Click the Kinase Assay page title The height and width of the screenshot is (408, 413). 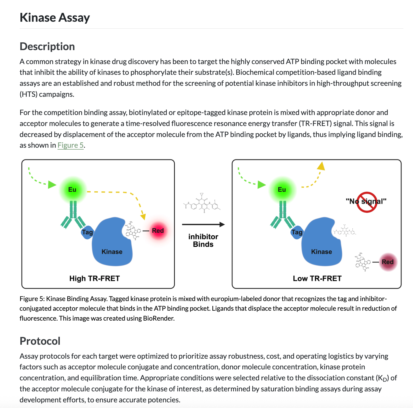coord(55,18)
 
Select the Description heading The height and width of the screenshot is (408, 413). coord(47,46)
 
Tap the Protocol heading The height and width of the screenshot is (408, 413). coord(40,341)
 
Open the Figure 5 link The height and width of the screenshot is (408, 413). coord(71,145)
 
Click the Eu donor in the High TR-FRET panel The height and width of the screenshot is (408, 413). coord(72,190)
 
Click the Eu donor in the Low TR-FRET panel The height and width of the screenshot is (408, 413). coord(282,190)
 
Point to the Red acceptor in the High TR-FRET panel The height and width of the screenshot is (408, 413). coord(158,231)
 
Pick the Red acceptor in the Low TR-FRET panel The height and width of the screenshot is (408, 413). coord(388,262)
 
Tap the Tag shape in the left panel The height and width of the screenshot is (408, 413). coord(87,232)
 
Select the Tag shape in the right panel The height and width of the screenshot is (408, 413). coord(297,232)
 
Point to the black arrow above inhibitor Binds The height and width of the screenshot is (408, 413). coord(203,224)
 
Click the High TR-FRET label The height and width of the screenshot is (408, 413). coord(94,279)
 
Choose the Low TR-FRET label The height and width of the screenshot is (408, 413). coord(317,279)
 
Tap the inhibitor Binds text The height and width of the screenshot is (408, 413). coord(203,240)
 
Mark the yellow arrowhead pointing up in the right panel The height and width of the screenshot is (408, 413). coord(321,166)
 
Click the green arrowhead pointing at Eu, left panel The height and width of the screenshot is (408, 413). coord(52,184)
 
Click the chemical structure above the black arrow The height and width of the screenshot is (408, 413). coord(202,203)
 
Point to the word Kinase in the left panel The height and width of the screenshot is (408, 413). coord(112,252)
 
